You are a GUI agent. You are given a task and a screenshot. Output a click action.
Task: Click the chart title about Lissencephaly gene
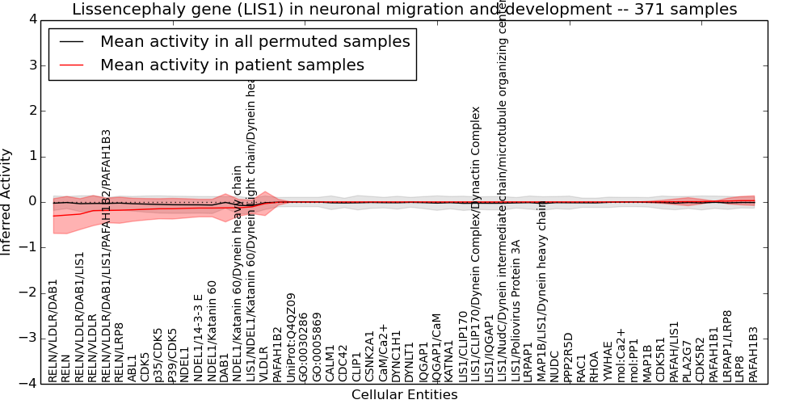coord(404,10)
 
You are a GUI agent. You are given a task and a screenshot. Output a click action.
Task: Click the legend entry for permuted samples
coord(255,42)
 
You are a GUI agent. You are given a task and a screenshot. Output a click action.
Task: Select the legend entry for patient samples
coord(232,65)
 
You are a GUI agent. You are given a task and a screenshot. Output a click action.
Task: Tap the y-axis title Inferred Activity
coord(7,201)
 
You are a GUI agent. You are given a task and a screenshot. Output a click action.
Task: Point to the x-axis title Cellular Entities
coord(404,395)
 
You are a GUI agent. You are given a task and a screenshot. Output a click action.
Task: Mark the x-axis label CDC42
coord(343,364)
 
